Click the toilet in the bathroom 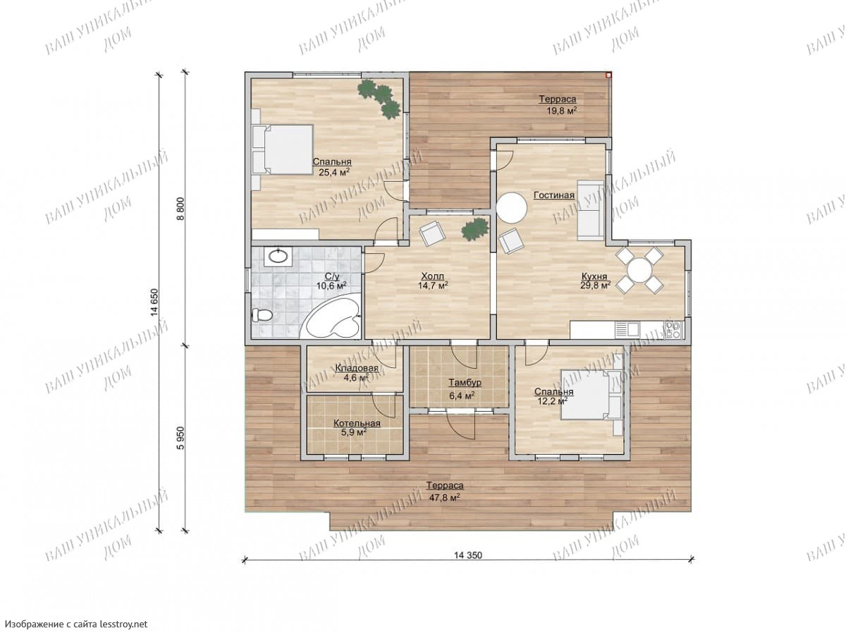pos(262,315)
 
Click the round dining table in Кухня pos(639,271)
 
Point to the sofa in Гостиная pos(589,211)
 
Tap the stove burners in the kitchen pos(673,330)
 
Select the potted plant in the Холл pos(474,229)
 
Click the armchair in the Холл pos(431,233)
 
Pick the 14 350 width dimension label pos(467,555)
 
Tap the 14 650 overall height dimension pos(154,302)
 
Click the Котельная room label pos(357,424)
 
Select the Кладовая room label pos(357,368)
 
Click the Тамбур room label pos(465,383)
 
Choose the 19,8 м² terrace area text pos(561,111)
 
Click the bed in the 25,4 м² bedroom pos(282,149)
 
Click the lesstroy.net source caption pos(76,623)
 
